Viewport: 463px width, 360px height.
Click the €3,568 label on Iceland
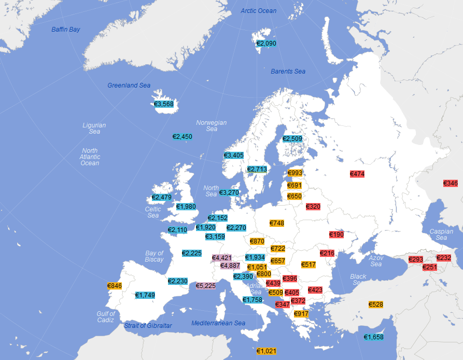(x=164, y=104)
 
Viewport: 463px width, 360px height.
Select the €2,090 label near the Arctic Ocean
(x=266, y=44)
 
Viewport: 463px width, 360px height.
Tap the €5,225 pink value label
(x=205, y=285)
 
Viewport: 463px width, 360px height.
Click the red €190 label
(x=336, y=235)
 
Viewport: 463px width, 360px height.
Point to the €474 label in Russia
(x=357, y=174)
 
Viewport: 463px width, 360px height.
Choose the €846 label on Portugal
(x=115, y=286)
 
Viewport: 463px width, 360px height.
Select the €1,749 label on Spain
(x=145, y=295)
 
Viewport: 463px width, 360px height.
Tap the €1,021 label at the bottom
(x=266, y=351)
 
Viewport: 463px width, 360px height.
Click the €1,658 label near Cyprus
(x=373, y=337)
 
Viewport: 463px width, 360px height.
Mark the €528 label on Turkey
(x=376, y=304)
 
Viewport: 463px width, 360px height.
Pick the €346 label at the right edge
(x=451, y=183)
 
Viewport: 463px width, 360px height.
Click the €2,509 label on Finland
(x=292, y=139)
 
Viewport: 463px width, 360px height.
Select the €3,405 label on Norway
(x=234, y=155)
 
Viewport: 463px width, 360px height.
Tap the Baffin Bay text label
(x=66, y=30)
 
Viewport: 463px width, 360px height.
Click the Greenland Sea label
(x=129, y=85)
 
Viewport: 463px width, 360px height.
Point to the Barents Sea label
(x=288, y=71)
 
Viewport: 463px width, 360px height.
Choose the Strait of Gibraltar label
(x=148, y=326)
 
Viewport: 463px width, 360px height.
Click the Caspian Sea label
(x=441, y=235)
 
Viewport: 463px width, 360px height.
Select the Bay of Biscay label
(x=154, y=256)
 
